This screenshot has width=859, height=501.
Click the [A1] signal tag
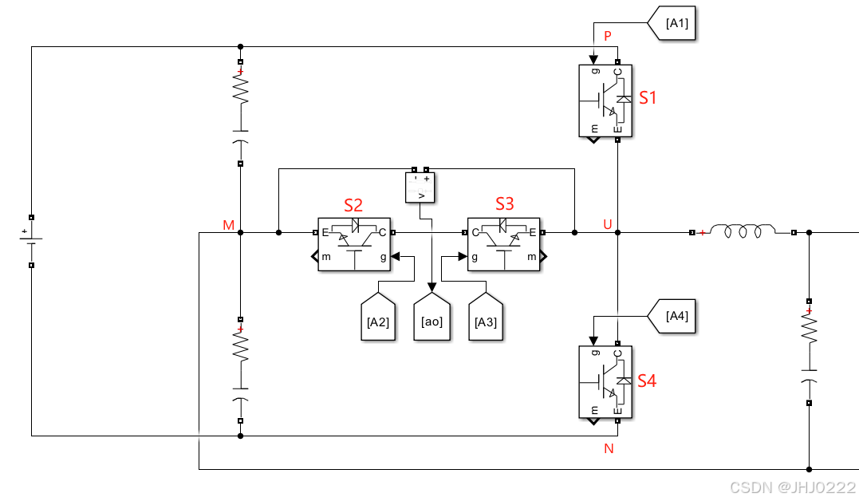tap(672, 23)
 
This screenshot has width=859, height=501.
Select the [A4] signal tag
tap(672, 316)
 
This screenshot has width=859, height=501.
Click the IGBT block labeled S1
tap(605, 101)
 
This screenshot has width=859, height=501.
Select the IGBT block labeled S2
tap(354, 244)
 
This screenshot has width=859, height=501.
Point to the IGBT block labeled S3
tap(504, 244)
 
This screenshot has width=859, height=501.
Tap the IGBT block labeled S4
tap(605, 382)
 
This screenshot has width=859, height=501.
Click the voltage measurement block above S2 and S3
tap(420, 187)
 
